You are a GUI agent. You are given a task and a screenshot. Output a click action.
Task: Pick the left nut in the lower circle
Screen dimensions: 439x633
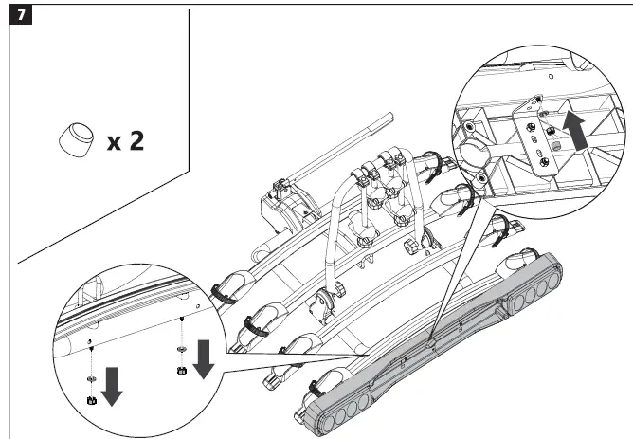91,400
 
